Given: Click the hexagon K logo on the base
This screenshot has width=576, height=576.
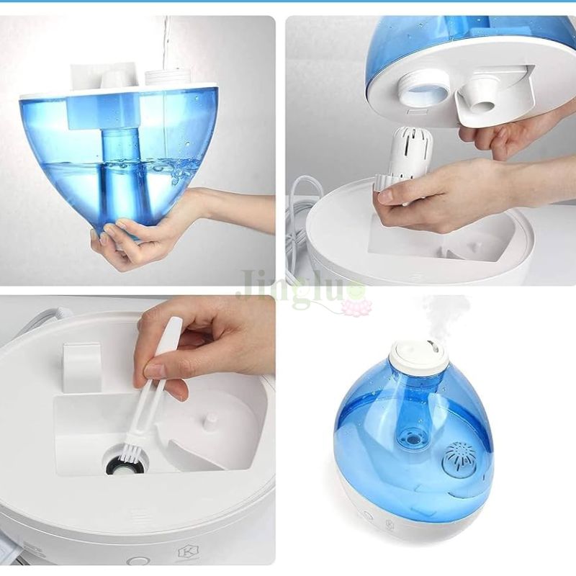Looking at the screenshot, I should pyautogui.click(x=184, y=554).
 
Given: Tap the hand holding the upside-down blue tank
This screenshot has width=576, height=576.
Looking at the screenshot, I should pyautogui.click(x=144, y=238).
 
